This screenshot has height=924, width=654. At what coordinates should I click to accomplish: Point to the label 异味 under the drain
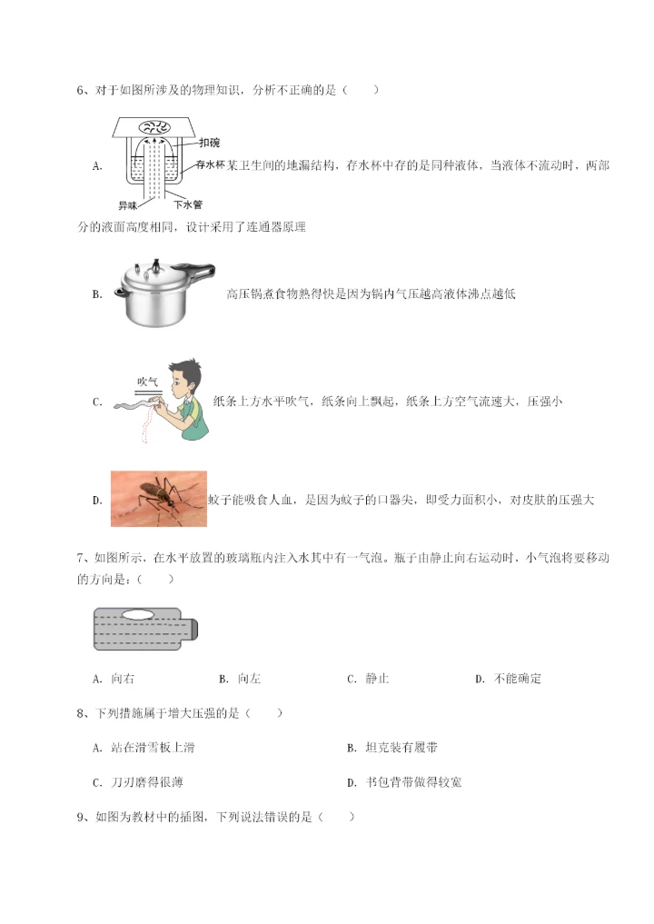[128, 205]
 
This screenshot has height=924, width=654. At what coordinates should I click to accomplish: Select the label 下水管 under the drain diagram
[187, 205]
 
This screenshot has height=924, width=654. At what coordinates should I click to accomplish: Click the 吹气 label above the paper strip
[147, 381]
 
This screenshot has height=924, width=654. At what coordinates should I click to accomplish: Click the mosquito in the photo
[159, 496]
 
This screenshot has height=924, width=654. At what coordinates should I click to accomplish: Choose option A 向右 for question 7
[114, 679]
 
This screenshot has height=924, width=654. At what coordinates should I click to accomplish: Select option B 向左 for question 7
[241, 679]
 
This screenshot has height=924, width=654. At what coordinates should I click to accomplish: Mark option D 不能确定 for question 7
[509, 679]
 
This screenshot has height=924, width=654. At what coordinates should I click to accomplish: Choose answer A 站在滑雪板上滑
[144, 748]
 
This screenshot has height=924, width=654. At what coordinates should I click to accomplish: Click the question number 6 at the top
[82, 90]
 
